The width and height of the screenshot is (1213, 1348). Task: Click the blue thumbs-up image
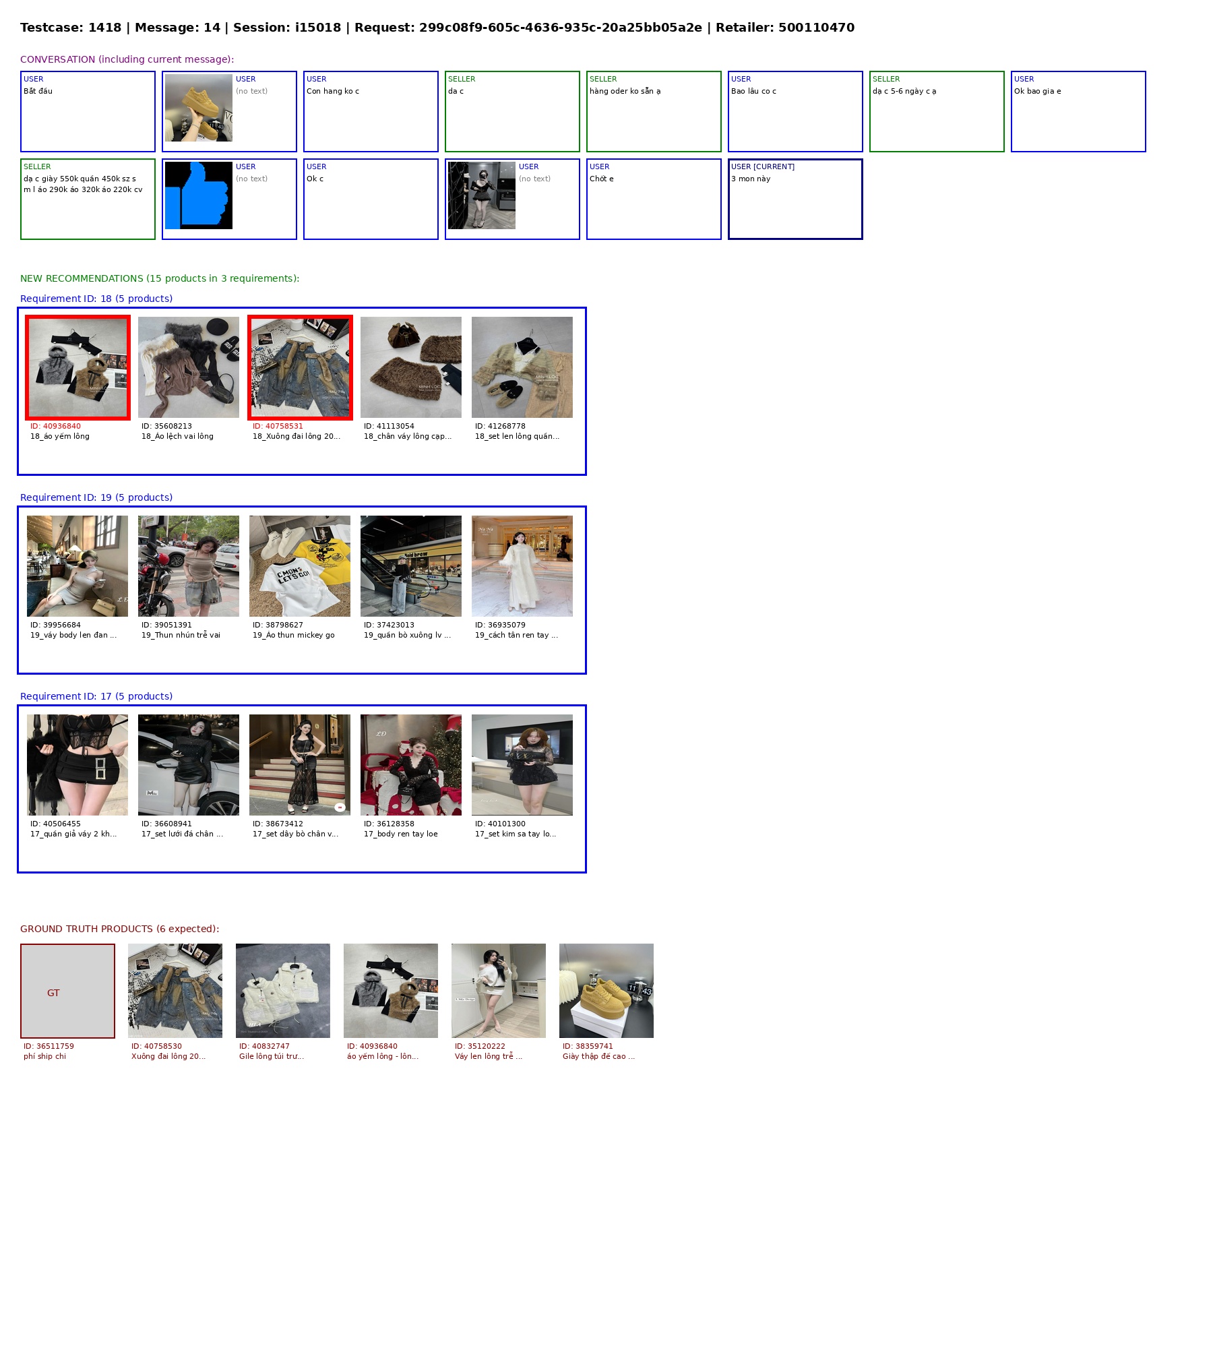click(x=199, y=195)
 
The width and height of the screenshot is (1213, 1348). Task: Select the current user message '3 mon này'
click(x=751, y=179)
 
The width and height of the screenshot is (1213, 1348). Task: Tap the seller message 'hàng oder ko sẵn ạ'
click(x=625, y=91)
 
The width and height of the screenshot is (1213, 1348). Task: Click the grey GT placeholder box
click(x=67, y=991)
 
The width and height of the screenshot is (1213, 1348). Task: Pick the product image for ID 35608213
click(x=189, y=367)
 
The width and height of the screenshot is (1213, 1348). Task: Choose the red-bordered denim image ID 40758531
click(x=300, y=367)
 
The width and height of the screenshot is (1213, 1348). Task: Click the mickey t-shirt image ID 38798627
click(x=300, y=566)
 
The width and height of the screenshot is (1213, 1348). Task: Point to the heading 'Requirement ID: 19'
click(x=96, y=497)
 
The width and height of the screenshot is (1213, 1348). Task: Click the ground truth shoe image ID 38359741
click(x=606, y=991)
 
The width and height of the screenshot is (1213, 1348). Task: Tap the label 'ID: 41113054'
click(x=389, y=426)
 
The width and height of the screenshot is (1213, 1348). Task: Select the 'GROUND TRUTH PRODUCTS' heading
click(x=119, y=929)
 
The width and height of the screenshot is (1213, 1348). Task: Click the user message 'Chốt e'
click(x=601, y=179)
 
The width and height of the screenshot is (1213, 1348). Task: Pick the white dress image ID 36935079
click(x=522, y=566)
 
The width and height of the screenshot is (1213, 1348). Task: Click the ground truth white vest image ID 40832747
click(x=283, y=991)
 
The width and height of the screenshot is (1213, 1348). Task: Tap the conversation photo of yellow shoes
click(x=199, y=108)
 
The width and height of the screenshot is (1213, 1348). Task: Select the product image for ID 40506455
click(x=77, y=765)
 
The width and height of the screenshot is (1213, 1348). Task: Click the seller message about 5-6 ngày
click(x=904, y=91)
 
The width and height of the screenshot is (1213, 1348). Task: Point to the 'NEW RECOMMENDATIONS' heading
click(x=160, y=278)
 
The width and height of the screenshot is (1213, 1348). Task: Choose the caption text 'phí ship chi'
click(x=44, y=1056)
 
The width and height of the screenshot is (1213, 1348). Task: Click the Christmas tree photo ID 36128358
click(x=411, y=765)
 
